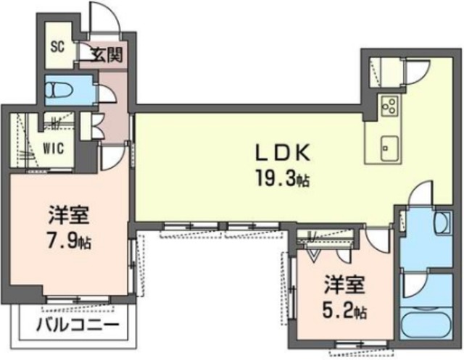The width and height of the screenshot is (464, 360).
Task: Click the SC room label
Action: coord(58,47)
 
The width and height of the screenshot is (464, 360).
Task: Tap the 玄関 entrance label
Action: coord(107,54)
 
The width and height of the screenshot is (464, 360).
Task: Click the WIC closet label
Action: coord(53,148)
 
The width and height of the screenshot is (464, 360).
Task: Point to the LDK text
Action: coord(283,153)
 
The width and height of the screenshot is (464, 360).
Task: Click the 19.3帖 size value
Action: coord(283,179)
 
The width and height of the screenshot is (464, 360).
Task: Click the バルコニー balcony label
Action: coord(78,325)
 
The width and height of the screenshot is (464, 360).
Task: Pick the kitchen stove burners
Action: coord(389,106)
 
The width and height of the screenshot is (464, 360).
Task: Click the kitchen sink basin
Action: coord(389,148)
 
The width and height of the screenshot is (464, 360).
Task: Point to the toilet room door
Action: coord(105,94)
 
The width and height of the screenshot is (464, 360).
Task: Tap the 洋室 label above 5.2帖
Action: coord(344,284)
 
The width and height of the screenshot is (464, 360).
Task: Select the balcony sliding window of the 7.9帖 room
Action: coord(78,299)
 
